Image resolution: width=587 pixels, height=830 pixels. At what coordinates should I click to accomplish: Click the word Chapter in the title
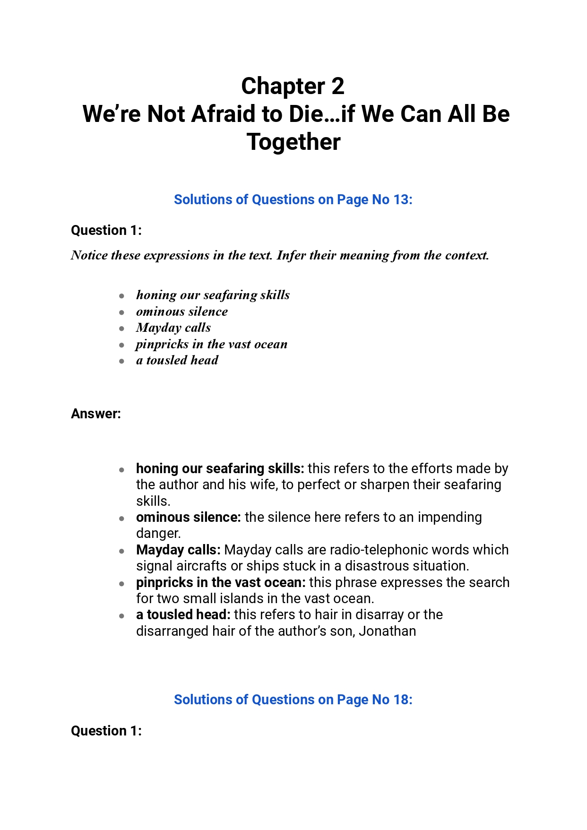click(283, 86)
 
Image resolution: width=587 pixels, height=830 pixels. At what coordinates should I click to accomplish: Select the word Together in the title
click(293, 142)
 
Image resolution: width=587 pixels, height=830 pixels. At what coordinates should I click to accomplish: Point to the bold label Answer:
click(96, 414)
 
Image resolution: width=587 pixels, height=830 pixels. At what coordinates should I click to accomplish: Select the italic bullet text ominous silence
click(182, 311)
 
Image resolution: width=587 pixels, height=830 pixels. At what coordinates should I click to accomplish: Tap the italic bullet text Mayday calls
click(173, 328)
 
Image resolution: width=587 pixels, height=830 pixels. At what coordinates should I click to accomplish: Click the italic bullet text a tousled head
click(177, 360)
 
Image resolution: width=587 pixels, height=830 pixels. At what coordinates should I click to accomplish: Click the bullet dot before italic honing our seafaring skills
click(122, 296)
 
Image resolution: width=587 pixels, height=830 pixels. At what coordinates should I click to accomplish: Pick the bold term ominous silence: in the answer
click(188, 517)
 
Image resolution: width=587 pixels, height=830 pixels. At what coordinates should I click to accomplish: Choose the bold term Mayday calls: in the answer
click(178, 550)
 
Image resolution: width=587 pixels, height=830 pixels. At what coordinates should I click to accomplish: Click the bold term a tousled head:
click(183, 614)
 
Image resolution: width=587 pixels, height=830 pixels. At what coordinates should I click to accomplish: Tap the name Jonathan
click(387, 631)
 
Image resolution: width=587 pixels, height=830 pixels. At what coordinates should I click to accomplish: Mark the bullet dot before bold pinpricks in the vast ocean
click(122, 584)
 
